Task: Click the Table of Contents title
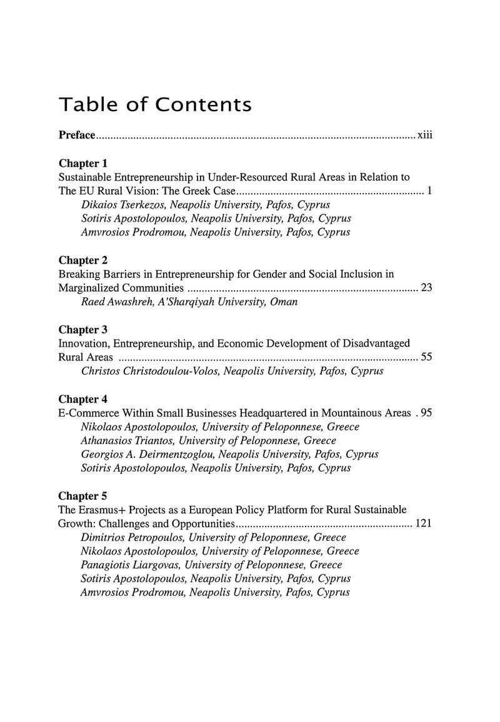[154, 104]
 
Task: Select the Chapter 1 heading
[79, 164]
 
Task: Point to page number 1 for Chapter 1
[430, 191]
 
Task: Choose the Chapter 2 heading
[79, 260]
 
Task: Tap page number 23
[427, 288]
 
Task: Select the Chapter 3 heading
[79, 329]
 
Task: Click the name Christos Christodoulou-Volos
[149, 371]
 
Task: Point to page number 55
[427, 357]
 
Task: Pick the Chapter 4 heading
[79, 398]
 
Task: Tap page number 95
[427, 413]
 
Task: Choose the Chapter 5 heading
[79, 496]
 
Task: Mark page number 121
[424, 523]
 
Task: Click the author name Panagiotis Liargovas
[129, 565]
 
